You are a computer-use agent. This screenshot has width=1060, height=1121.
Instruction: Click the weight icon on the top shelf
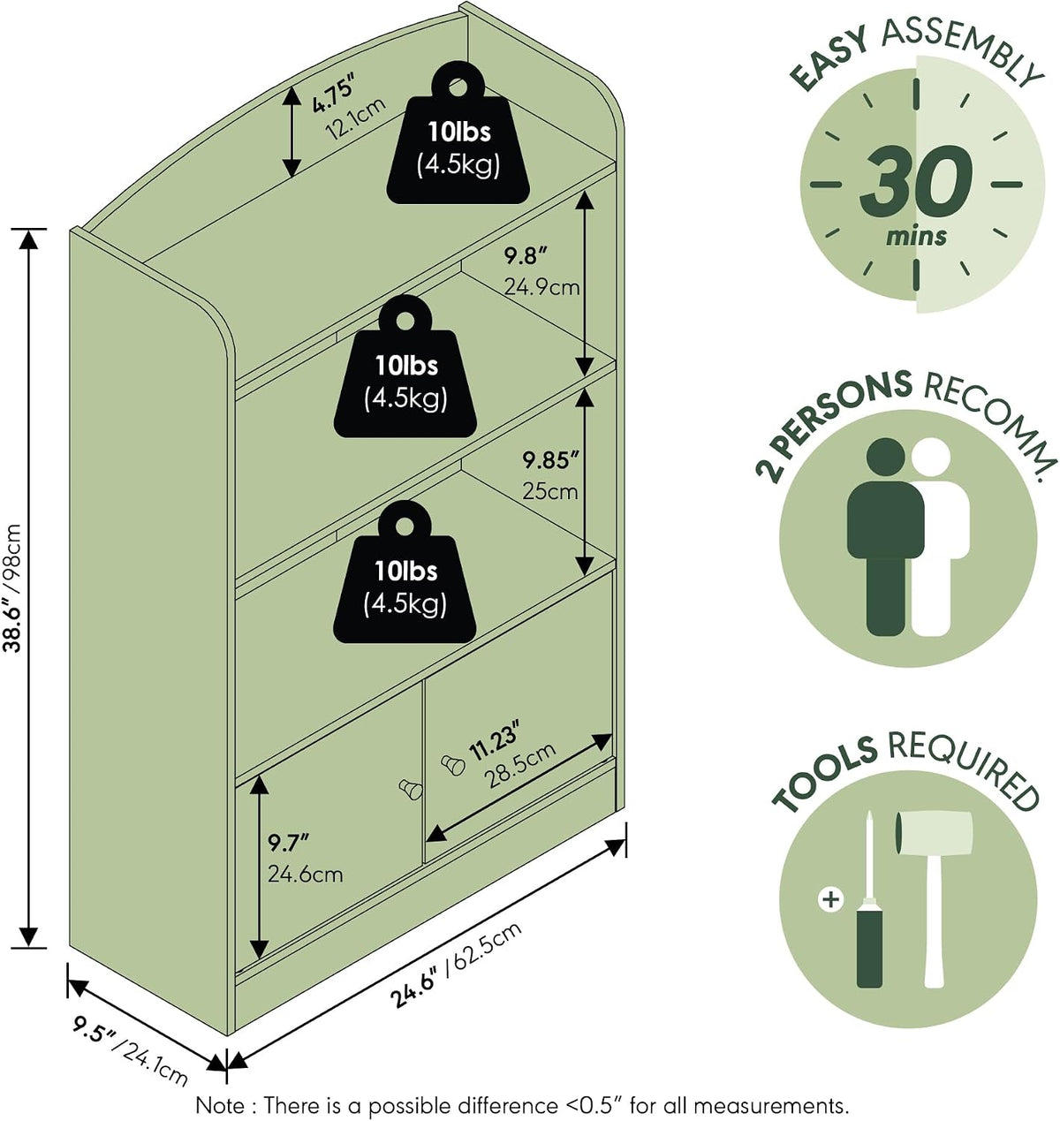[458, 137]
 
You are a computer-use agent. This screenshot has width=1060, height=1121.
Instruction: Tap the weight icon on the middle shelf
[405, 371]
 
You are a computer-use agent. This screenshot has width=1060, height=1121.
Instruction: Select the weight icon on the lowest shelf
[405, 576]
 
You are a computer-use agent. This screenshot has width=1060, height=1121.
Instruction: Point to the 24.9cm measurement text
[541, 287]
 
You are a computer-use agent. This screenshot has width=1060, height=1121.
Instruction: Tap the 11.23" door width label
[495, 741]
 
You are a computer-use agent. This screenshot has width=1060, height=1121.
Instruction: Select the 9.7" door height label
[289, 843]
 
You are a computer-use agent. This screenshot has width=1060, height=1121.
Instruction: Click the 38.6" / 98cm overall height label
[12, 587]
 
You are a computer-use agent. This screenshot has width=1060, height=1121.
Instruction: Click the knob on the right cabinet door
[453, 765]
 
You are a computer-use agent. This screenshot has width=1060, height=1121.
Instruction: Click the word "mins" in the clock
[917, 236]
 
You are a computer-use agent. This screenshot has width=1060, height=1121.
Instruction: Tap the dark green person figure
[885, 537]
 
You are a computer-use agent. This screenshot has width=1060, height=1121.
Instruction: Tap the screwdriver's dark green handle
[869, 951]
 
